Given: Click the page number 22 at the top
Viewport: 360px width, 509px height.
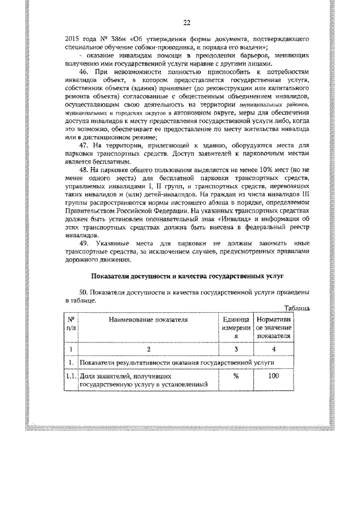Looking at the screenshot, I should tap(187, 23).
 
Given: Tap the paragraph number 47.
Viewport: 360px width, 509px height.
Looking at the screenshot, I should tap(85, 145).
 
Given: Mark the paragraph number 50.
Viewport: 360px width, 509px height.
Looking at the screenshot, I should tap(85, 294).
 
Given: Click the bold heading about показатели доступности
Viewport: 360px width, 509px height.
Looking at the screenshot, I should tap(188, 277).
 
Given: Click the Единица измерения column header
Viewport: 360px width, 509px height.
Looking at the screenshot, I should tap(236, 327).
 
